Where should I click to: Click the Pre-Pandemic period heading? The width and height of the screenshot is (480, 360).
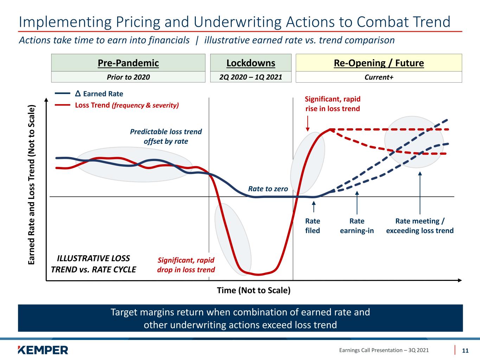(128, 63)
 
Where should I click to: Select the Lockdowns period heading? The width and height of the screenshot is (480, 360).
(251, 63)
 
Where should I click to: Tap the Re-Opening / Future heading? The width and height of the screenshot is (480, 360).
(379, 63)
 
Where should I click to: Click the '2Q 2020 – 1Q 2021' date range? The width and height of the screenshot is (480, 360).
(251, 77)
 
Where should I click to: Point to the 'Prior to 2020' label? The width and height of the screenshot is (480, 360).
(128, 77)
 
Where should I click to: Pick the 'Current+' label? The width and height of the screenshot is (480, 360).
(379, 77)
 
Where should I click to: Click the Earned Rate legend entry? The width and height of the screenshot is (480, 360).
(89, 94)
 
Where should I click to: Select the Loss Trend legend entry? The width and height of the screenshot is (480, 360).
(117, 105)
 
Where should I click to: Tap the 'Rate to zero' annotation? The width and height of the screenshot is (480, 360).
(268, 189)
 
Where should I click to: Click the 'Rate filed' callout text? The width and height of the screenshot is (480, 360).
(313, 226)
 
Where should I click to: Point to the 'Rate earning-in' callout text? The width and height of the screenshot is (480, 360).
(357, 226)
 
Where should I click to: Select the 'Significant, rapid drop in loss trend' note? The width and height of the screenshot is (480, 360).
(186, 265)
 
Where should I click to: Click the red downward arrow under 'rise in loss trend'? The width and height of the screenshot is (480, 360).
(308, 123)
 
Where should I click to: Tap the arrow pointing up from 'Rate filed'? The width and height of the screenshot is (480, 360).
(314, 207)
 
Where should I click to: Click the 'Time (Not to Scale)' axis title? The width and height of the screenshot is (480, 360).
(254, 290)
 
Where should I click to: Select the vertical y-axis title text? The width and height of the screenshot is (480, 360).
(32, 185)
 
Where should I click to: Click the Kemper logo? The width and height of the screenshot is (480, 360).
(43, 350)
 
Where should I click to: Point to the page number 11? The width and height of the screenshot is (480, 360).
(465, 351)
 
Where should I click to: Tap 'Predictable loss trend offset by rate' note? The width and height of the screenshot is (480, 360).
(166, 136)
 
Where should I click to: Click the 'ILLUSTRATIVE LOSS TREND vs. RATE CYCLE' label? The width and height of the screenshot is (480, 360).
(94, 264)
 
